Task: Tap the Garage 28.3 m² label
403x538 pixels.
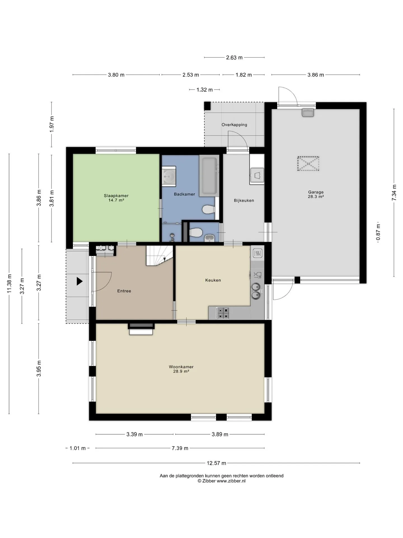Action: click(x=316, y=194)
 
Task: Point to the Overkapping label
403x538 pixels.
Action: click(x=234, y=125)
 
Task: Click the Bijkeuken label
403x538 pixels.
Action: click(x=244, y=200)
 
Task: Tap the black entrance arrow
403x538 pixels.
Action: click(x=80, y=281)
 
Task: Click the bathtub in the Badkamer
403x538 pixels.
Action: click(x=209, y=176)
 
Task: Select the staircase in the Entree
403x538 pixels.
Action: click(x=159, y=255)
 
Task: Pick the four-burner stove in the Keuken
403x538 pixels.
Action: click(x=222, y=313)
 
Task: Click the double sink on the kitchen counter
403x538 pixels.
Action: click(x=256, y=291)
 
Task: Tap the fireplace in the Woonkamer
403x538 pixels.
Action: click(x=141, y=329)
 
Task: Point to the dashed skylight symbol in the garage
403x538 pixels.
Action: click(x=308, y=163)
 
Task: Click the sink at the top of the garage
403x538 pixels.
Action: click(x=308, y=113)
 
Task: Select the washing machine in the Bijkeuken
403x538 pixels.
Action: click(x=257, y=176)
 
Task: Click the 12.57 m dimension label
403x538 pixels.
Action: click(x=216, y=463)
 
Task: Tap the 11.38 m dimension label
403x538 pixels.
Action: click(x=9, y=283)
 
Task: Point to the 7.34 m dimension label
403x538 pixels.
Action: click(x=394, y=192)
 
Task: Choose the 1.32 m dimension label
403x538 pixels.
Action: click(x=205, y=90)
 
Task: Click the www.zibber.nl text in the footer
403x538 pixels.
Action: click(x=231, y=481)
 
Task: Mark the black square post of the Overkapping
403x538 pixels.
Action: click(x=207, y=106)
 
